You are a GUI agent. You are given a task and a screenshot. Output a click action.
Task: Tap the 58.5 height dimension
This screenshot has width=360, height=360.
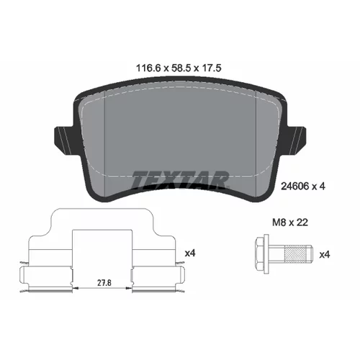click(181, 68)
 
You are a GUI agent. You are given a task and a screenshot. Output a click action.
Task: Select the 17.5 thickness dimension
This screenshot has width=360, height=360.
click(211, 68)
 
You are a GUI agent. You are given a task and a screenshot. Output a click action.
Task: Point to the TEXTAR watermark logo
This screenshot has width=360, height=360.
click(179, 179)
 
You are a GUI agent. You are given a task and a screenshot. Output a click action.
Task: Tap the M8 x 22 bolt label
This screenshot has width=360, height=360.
click(290, 222)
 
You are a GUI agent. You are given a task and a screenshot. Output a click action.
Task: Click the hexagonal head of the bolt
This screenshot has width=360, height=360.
click(260, 254)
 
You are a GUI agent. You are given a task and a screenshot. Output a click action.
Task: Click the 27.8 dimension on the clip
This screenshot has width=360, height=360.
click(104, 283)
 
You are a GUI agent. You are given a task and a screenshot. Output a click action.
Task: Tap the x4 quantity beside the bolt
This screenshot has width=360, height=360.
click(325, 255)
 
